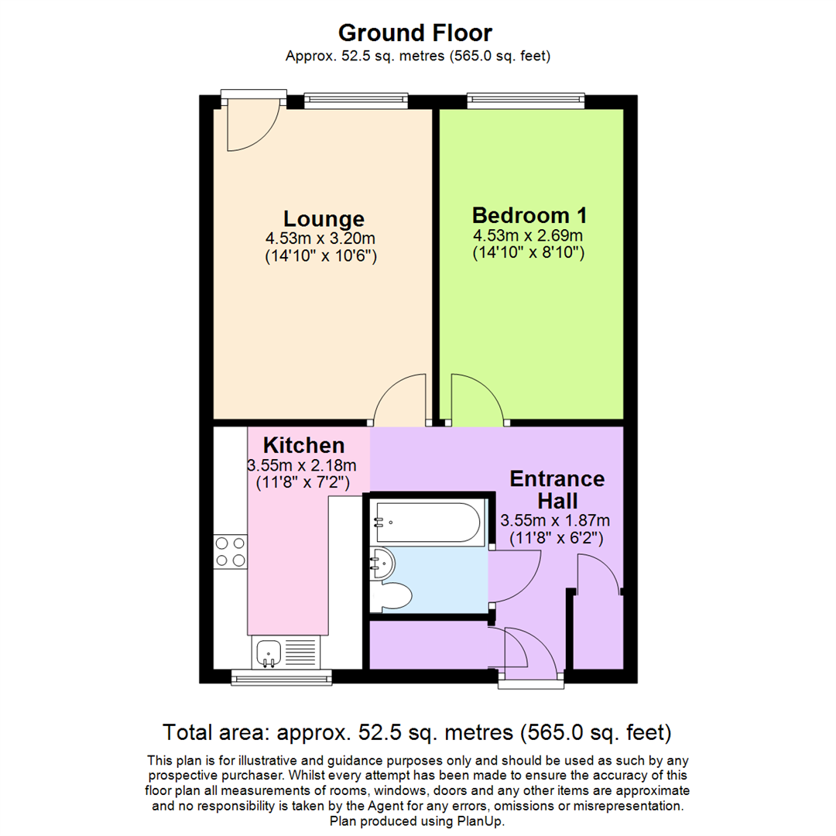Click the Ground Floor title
click(x=415, y=33)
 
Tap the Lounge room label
click(x=324, y=218)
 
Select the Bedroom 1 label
click(x=529, y=215)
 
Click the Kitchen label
click(x=304, y=445)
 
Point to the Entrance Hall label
click(x=557, y=489)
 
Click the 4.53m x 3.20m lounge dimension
click(x=320, y=238)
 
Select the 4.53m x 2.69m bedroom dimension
click(x=528, y=235)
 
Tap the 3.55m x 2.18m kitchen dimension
click(x=302, y=465)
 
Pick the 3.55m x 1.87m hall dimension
click(x=555, y=520)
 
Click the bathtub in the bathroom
click(x=428, y=522)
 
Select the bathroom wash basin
click(x=382, y=564)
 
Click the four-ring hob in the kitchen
click(x=231, y=552)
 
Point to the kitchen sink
click(x=269, y=652)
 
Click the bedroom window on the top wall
click(x=526, y=101)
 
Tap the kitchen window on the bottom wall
click(x=282, y=677)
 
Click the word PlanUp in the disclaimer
click(x=480, y=821)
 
